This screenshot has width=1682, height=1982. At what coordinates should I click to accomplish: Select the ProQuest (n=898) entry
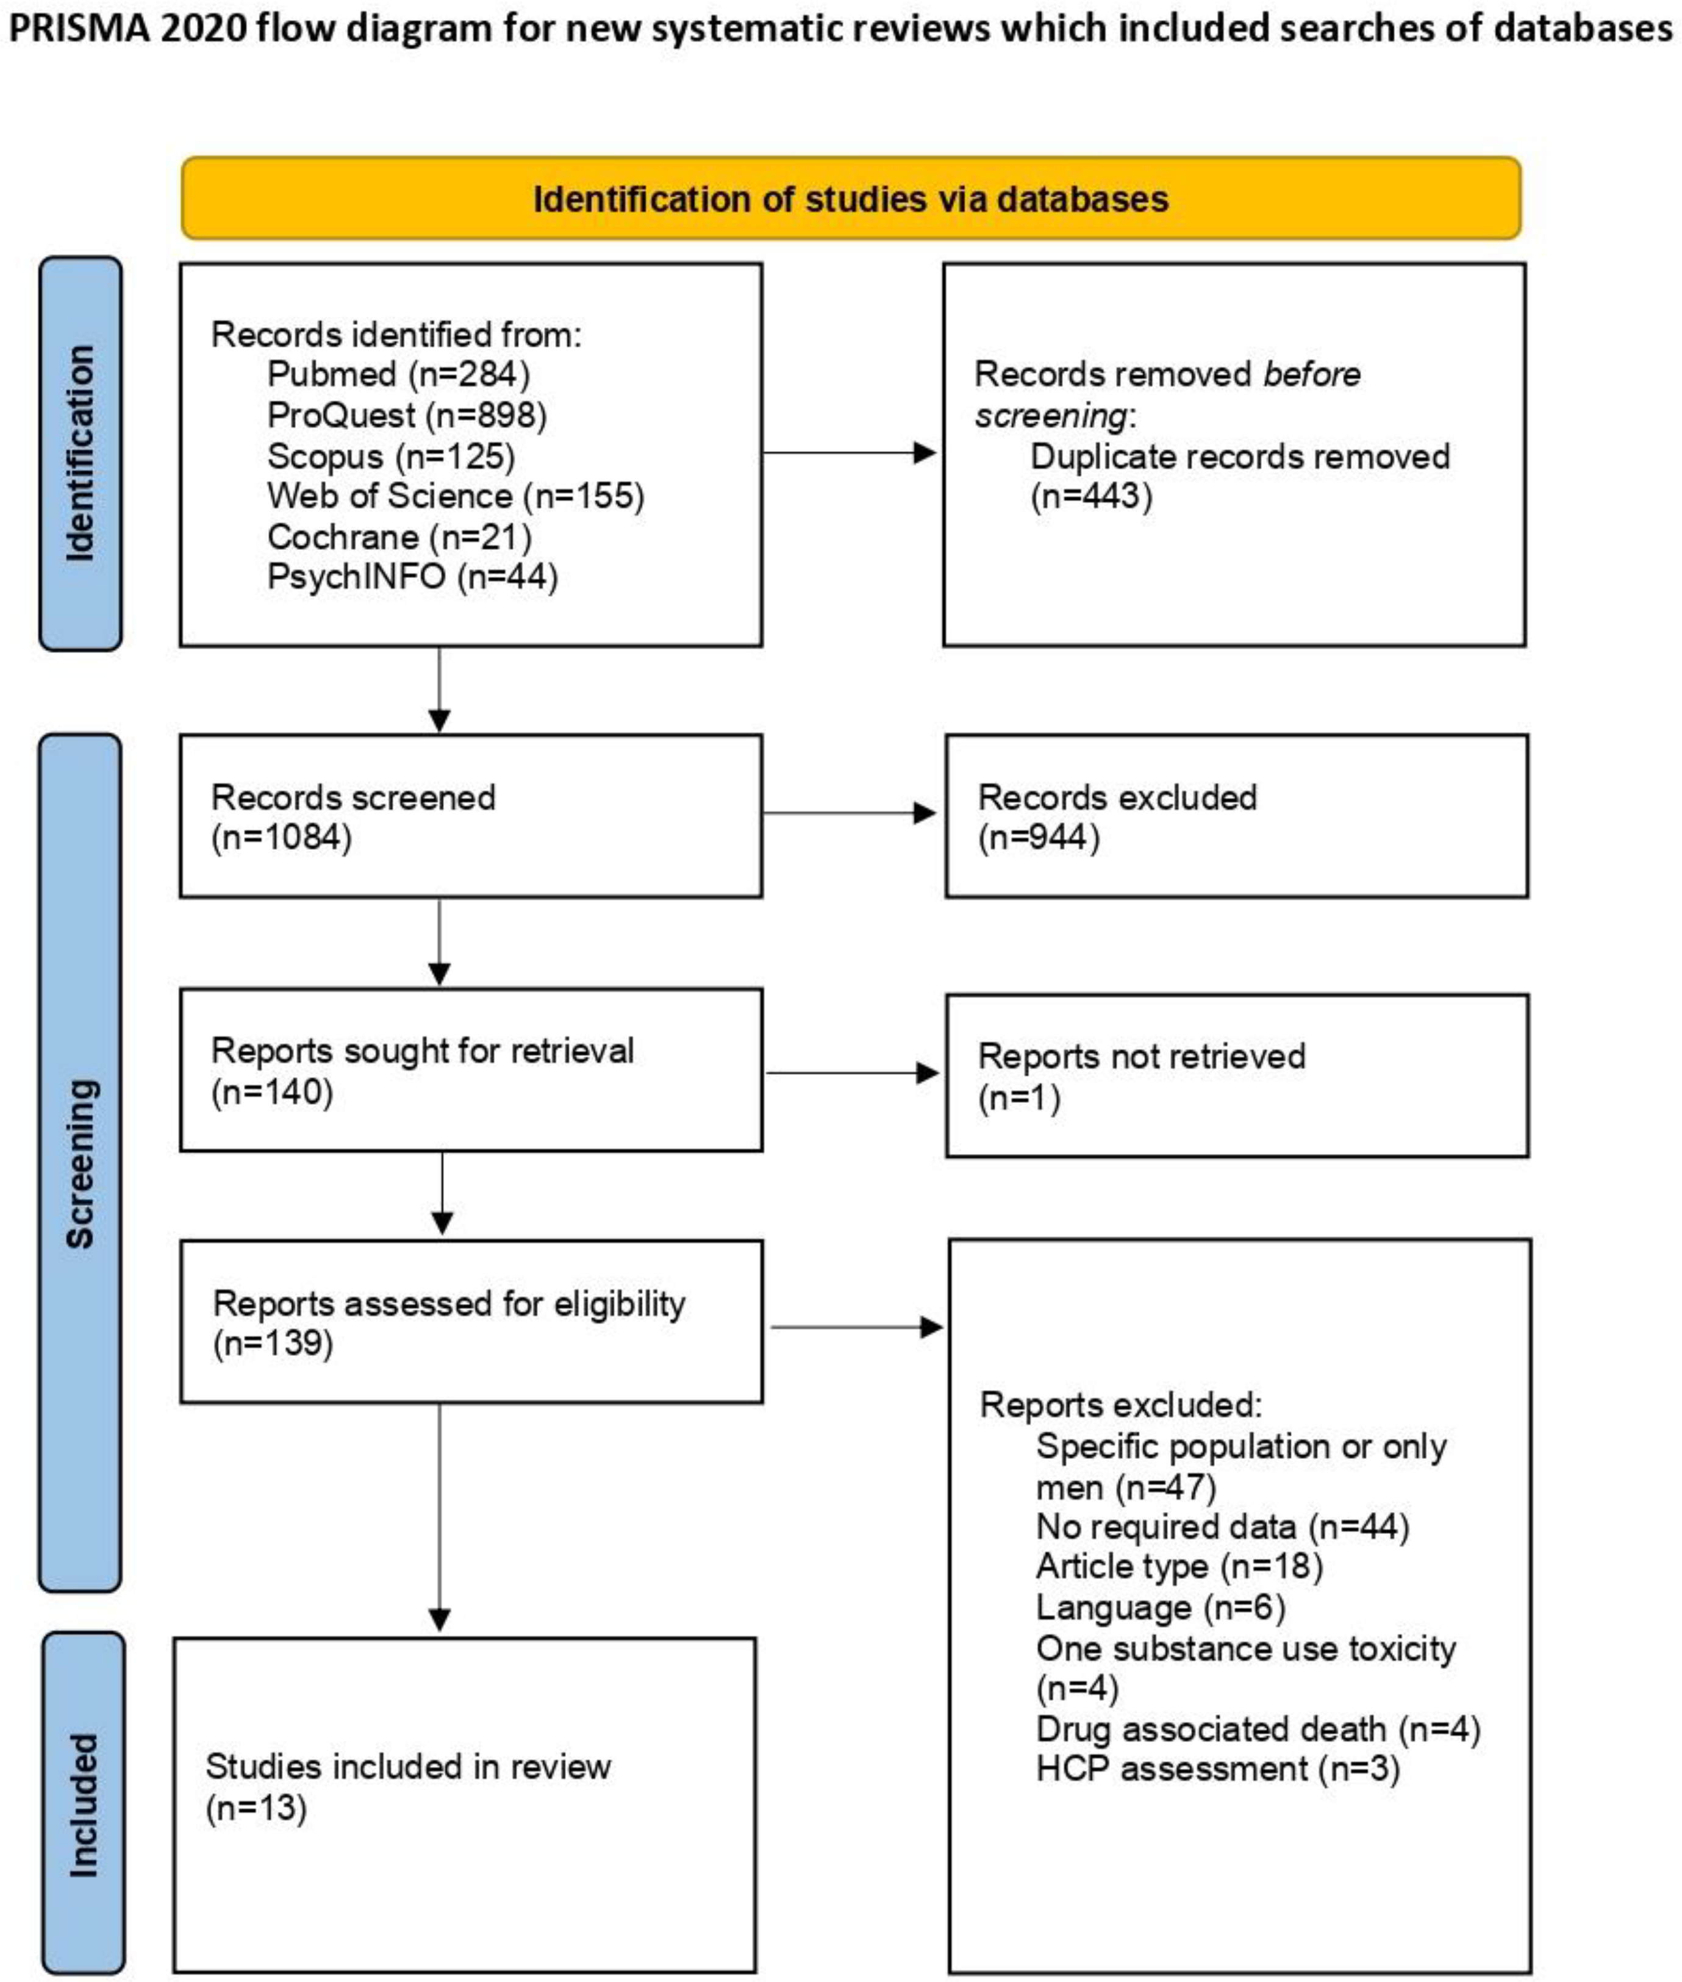pos(407,415)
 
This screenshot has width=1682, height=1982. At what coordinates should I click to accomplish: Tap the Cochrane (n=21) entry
pos(399,536)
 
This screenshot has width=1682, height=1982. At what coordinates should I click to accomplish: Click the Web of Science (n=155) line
pos(456,496)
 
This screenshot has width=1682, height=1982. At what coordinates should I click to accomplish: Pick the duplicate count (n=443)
pos(1091,496)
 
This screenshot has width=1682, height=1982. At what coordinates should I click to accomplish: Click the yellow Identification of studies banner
pos(851,198)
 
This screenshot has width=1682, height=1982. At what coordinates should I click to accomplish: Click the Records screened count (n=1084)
pos(281,837)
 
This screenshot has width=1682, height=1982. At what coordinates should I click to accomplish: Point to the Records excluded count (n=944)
pos(1039,837)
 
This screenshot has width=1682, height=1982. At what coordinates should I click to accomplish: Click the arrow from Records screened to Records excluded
pos(849,813)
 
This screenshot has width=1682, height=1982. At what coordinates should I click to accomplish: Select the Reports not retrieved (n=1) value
pos(1018,1097)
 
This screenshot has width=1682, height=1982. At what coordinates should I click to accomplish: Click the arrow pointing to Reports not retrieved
pos(851,1074)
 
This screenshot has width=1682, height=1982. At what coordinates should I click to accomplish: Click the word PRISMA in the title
pos(78,29)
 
